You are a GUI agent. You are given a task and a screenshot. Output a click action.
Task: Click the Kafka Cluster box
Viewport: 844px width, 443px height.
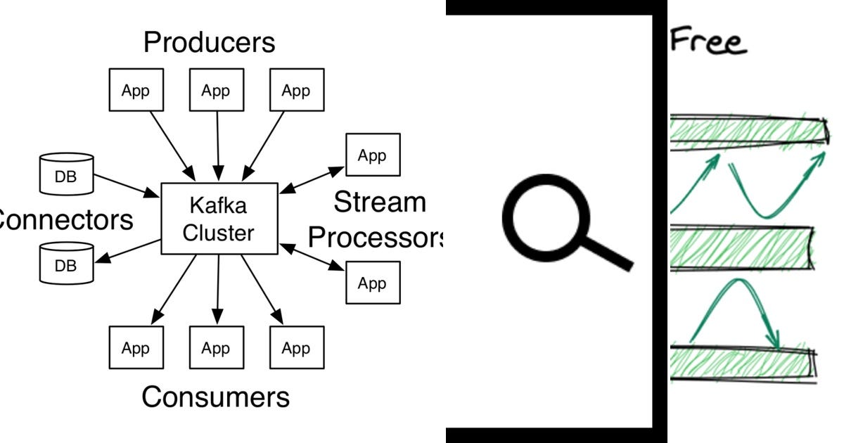[x=219, y=218]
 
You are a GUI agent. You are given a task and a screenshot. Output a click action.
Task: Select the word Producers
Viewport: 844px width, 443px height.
[x=210, y=43]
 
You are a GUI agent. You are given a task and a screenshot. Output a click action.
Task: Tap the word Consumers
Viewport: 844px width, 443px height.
[x=215, y=397]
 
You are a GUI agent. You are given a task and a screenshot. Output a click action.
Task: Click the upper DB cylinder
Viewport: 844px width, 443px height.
[x=66, y=174]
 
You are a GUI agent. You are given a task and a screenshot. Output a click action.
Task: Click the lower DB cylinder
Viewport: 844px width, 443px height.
[x=66, y=263]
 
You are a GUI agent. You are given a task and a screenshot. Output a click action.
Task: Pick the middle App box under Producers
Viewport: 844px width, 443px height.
[x=216, y=90]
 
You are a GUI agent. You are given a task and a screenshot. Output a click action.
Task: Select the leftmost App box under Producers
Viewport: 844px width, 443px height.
[x=136, y=90]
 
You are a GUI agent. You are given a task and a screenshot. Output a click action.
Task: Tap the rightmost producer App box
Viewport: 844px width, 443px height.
[x=296, y=90]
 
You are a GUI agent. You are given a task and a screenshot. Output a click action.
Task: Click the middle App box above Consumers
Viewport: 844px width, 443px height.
[x=216, y=348]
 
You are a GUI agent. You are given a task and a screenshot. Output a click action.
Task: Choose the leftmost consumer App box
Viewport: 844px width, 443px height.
[x=136, y=348]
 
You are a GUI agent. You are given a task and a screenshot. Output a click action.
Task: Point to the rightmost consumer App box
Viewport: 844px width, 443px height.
[x=296, y=348]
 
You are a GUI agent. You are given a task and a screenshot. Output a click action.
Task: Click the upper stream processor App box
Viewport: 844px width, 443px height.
[x=373, y=155]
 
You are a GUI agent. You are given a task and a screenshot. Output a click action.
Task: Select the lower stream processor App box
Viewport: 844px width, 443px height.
[x=373, y=283]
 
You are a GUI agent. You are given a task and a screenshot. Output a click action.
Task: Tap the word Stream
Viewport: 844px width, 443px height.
[x=380, y=203]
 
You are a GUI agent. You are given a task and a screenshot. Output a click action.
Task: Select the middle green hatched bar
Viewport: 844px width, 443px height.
[x=742, y=248]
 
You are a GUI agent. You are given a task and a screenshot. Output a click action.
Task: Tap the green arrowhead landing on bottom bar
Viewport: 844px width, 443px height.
[x=774, y=340]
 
